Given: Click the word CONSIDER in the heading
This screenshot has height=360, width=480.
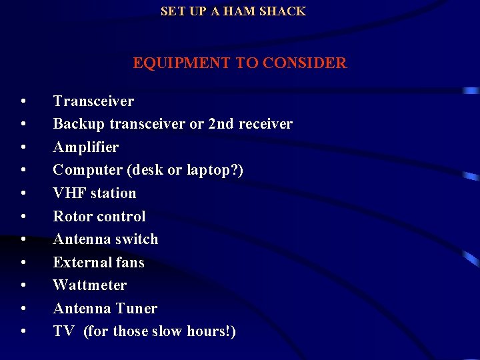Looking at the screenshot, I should click(305, 63).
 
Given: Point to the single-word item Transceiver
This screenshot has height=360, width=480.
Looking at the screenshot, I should click(93, 101).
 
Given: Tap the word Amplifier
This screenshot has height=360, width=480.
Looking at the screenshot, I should click(85, 147).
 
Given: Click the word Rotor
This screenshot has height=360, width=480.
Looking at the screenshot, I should click(71, 217).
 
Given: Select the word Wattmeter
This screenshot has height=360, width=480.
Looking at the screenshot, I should click(89, 285).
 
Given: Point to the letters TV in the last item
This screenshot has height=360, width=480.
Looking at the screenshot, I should click(63, 331).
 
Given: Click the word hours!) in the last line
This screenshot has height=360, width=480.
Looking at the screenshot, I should click(212, 331).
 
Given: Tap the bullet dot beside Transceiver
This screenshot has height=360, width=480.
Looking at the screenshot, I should click(23, 102).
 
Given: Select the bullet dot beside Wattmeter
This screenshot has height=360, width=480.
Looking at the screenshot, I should click(23, 286).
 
